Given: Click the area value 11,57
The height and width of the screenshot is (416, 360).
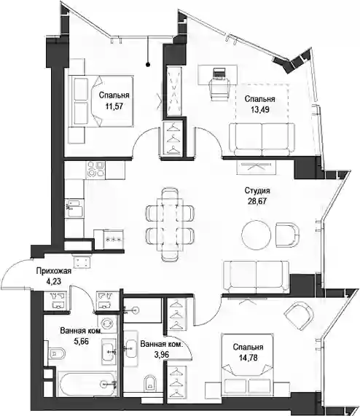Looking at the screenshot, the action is (114, 106).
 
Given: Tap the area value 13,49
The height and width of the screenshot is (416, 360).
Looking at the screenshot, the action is (260, 109).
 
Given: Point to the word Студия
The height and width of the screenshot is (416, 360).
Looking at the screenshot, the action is (257, 190).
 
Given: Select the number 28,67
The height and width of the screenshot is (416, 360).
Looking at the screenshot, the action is (257, 201).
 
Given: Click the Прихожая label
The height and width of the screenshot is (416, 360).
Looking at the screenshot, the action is (54, 271).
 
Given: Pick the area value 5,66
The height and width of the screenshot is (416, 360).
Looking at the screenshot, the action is (81, 341).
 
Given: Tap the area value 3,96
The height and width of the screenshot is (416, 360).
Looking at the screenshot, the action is (161, 354).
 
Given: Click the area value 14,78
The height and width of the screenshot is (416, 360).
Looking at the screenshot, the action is (249, 358).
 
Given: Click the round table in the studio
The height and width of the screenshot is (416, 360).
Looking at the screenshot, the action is (257, 235).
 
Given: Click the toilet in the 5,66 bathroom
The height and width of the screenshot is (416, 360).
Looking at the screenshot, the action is (57, 353).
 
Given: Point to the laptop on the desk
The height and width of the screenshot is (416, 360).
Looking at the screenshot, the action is (219, 74).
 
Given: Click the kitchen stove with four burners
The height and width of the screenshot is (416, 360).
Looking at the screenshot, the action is (95, 170).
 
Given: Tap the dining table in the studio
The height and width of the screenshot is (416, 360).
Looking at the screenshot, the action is (170, 224).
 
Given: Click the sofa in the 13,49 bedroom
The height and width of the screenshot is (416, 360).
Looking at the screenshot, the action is (262, 139).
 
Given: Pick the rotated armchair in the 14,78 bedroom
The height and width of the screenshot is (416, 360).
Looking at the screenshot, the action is (299, 316).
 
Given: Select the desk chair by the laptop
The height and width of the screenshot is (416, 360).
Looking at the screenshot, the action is (219, 90).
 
